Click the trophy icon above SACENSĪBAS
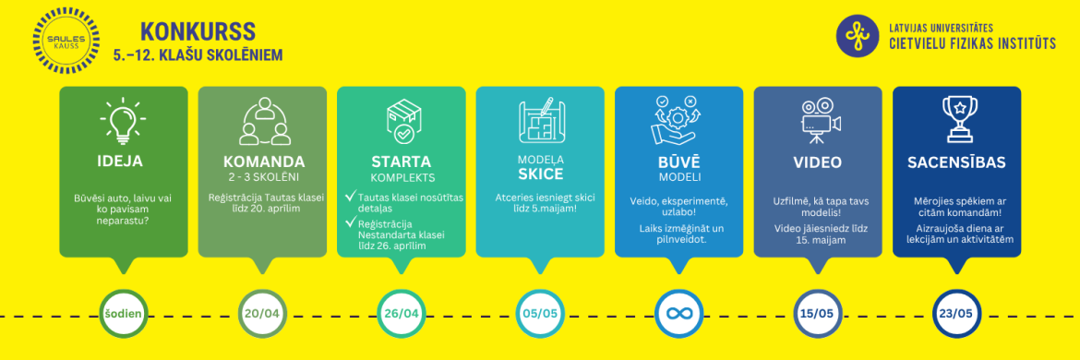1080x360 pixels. tap(957, 120)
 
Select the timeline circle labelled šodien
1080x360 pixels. tap(124, 314)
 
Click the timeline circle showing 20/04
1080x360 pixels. tap(262, 314)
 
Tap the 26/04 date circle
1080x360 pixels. tap(402, 314)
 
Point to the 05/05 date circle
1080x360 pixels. tap(540, 314)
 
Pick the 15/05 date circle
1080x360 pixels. tap(818, 314)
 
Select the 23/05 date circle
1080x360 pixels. tap(956, 314)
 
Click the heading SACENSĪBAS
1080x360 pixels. tap(956, 162)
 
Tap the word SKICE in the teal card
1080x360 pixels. tap(540, 173)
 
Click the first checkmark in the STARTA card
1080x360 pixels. tap(348, 196)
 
